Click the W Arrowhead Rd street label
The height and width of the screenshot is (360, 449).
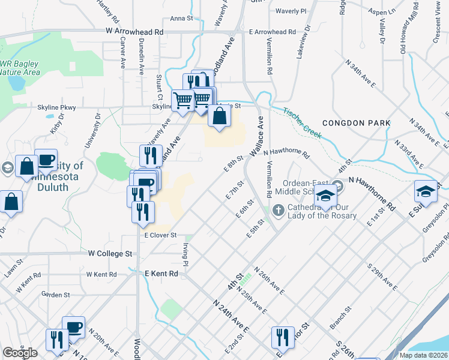coord(134,30)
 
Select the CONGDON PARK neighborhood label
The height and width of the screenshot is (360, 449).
coord(356,123)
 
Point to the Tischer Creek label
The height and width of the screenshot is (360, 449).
coord(303,122)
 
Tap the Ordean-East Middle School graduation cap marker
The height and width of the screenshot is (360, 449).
coord(326,197)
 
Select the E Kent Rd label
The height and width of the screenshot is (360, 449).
coord(162,274)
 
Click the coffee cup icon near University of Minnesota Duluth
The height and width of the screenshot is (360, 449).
coord(46,160)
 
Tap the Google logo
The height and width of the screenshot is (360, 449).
coord(20,353)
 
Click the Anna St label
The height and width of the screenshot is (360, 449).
coord(181,19)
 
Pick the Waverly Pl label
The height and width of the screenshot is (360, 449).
coord(291,11)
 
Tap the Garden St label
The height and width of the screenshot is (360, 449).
coord(56,295)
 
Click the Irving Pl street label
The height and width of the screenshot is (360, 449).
coord(185,256)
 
